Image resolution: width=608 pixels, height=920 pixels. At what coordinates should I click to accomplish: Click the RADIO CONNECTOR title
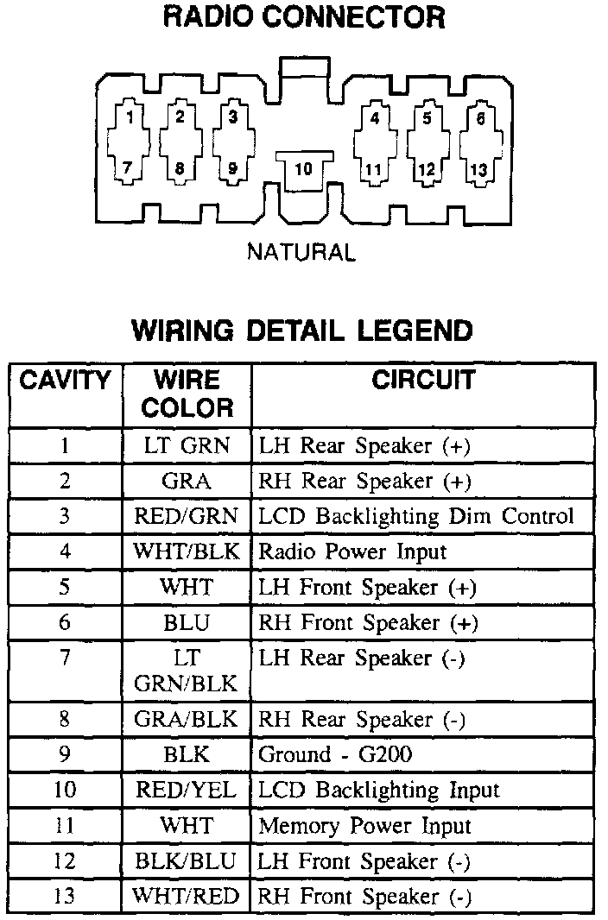(x=304, y=16)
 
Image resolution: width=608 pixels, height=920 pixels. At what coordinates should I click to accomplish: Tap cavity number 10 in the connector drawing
(x=303, y=169)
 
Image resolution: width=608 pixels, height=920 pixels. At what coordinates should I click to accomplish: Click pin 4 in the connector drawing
(x=374, y=118)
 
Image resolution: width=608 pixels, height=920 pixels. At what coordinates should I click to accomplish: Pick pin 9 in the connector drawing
(x=232, y=170)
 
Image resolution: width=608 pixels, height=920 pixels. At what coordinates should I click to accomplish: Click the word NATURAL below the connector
(x=301, y=253)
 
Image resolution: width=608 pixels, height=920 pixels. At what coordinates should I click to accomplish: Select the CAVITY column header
(x=66, y=380)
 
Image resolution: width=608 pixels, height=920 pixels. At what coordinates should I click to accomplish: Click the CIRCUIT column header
(x=423, y=380)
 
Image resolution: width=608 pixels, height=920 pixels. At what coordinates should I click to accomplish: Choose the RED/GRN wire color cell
(x=187, y=516)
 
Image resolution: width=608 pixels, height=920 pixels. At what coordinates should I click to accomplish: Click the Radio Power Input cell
(x=352, y=551)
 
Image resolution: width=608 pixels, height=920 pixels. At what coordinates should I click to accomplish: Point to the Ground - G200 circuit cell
(x=335, y=754)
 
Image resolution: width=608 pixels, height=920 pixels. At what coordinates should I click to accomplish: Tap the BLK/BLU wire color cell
(x=187, y=860)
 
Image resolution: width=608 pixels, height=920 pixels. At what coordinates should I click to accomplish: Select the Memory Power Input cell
(x=364, y=825)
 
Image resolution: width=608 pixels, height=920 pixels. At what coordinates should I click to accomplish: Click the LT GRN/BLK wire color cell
(x=187, y=671)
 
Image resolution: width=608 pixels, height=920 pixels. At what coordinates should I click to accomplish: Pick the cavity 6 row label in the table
(x=66, y=622)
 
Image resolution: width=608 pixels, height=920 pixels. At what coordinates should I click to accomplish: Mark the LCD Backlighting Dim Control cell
(x=415, y=516)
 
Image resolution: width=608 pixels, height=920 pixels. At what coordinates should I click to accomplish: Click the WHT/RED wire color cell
(x=187, y=896)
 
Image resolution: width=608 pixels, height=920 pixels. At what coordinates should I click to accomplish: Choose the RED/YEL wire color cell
(x=187, y=790)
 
